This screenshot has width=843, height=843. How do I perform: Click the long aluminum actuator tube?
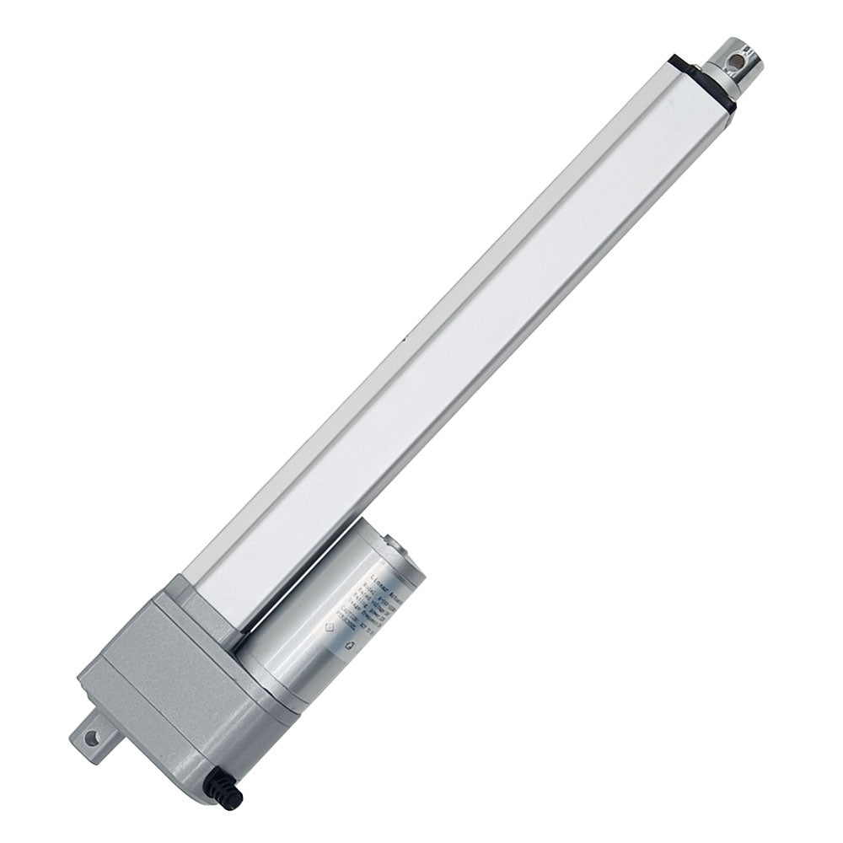(472, 320)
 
